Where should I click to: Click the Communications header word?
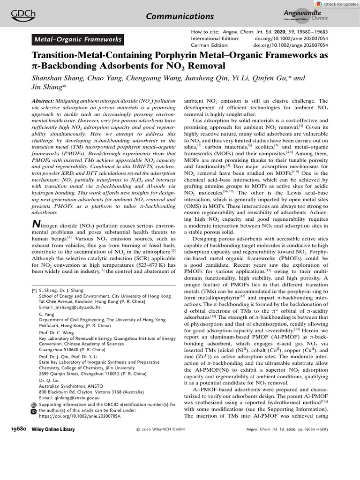tap(180, 16)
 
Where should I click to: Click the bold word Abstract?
tap(45, 101)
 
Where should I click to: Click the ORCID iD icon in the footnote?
tap(33, 411)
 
